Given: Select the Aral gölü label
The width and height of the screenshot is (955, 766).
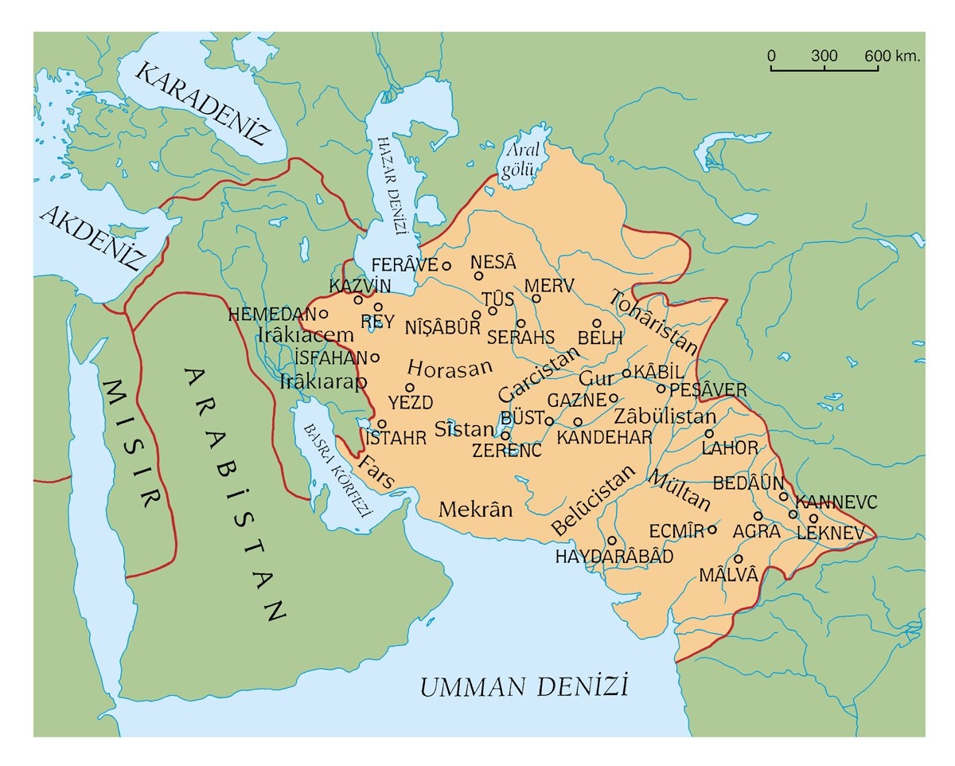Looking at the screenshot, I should (x=521, y=159).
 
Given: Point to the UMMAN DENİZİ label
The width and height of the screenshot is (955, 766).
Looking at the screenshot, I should (x=524, y=686).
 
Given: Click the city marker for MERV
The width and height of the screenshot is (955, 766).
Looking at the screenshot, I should (x=536, y=299).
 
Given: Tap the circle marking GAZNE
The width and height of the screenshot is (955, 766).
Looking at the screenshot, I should (x=614, y=398).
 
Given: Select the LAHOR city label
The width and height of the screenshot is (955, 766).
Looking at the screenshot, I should (x=730, y=448).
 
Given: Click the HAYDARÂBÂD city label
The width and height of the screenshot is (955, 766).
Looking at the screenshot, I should (x=614, y=556).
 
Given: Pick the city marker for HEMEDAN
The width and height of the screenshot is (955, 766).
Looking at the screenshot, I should (x=323, y=314).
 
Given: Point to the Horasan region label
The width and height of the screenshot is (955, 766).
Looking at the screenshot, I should (x=450, y=368).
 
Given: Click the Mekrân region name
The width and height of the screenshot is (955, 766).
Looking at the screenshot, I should (x=476, y=508).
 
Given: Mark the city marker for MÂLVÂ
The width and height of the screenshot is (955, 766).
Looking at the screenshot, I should (x=739, y=558).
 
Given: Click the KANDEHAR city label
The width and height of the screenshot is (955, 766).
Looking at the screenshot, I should (x=604, y=437).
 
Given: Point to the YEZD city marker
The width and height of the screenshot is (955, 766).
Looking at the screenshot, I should (x=411, y=388).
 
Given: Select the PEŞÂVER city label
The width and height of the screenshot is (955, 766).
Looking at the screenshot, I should (x=707, y=390).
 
